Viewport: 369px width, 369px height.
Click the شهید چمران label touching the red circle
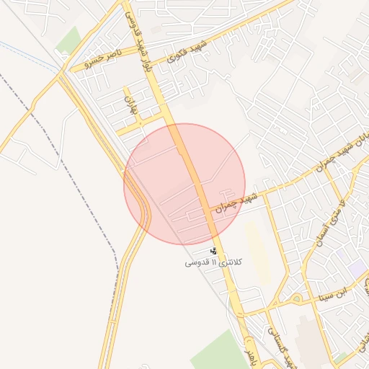tap(235, 203)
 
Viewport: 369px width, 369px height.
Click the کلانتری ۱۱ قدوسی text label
tap(215, 263)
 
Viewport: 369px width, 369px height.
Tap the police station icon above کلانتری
tap(213, 251)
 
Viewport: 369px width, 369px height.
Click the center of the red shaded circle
tap(184, 184)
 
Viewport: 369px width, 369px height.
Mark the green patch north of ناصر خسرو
tap(68, 40)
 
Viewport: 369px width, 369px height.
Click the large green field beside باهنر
tap(216, 353)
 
